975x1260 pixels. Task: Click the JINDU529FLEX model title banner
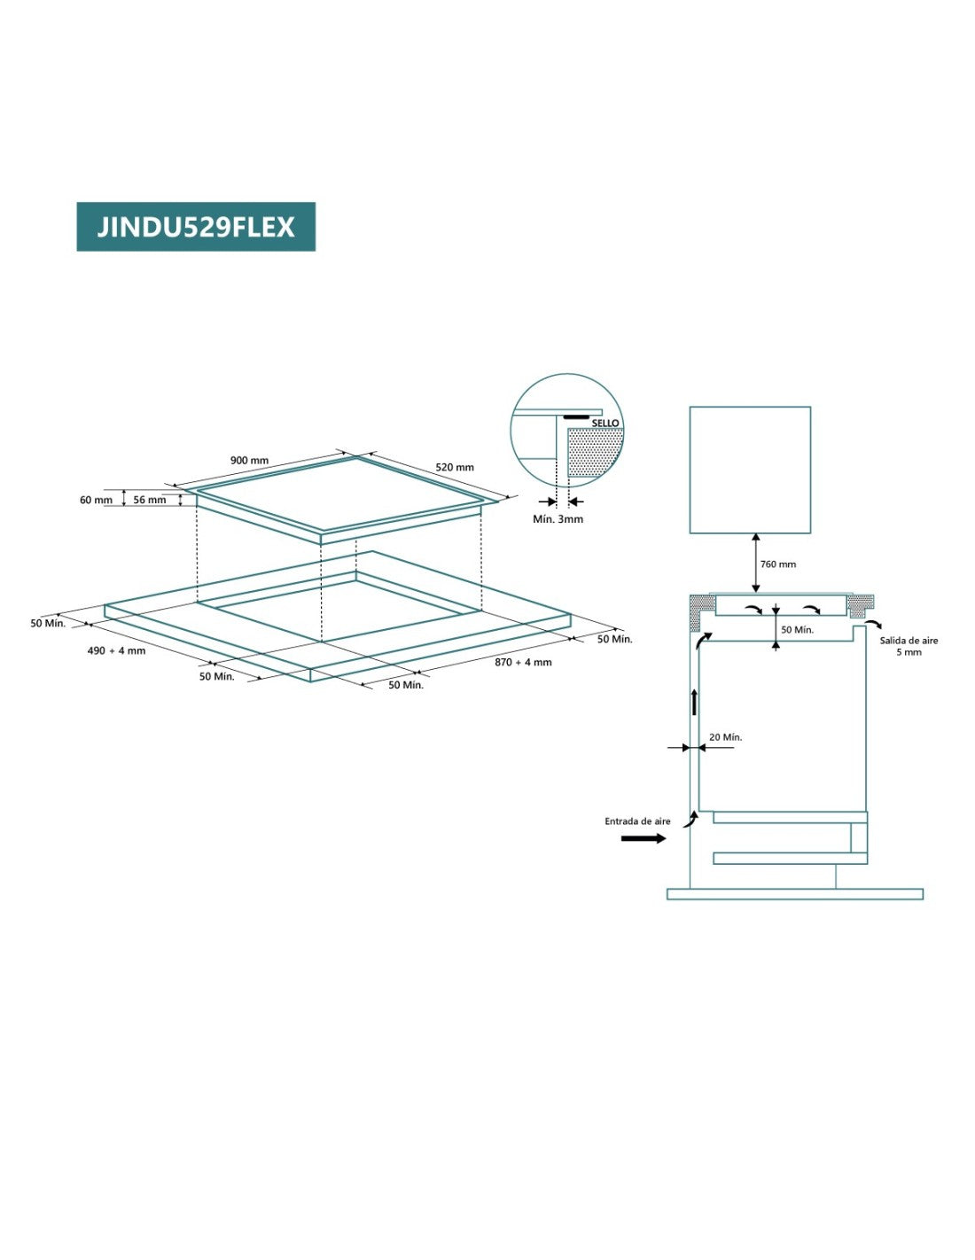pos(196,227)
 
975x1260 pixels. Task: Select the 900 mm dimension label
pos(249,461)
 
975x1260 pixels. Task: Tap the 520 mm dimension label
pos(455,467)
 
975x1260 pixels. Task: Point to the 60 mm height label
pos(96,500)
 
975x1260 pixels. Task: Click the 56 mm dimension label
pos(150,500)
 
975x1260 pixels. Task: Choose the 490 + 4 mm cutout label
pos(116,650)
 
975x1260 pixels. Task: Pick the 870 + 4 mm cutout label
pos(523,662)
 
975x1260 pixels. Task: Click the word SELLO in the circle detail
pos(605,423)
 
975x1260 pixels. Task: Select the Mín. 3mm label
pos(558,519)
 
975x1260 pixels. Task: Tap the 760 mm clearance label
pos(778,564)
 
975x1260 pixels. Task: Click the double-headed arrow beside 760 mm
pos(755,563)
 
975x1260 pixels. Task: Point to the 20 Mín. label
pos(725,737)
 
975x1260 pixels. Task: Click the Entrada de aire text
pos(637,821)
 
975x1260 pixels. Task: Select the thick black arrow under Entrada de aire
pos(643,838)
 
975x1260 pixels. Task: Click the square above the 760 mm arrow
pos(750,470)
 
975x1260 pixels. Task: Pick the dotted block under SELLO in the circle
pos(594,454)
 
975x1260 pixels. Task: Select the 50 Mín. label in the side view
pos(797,630)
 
